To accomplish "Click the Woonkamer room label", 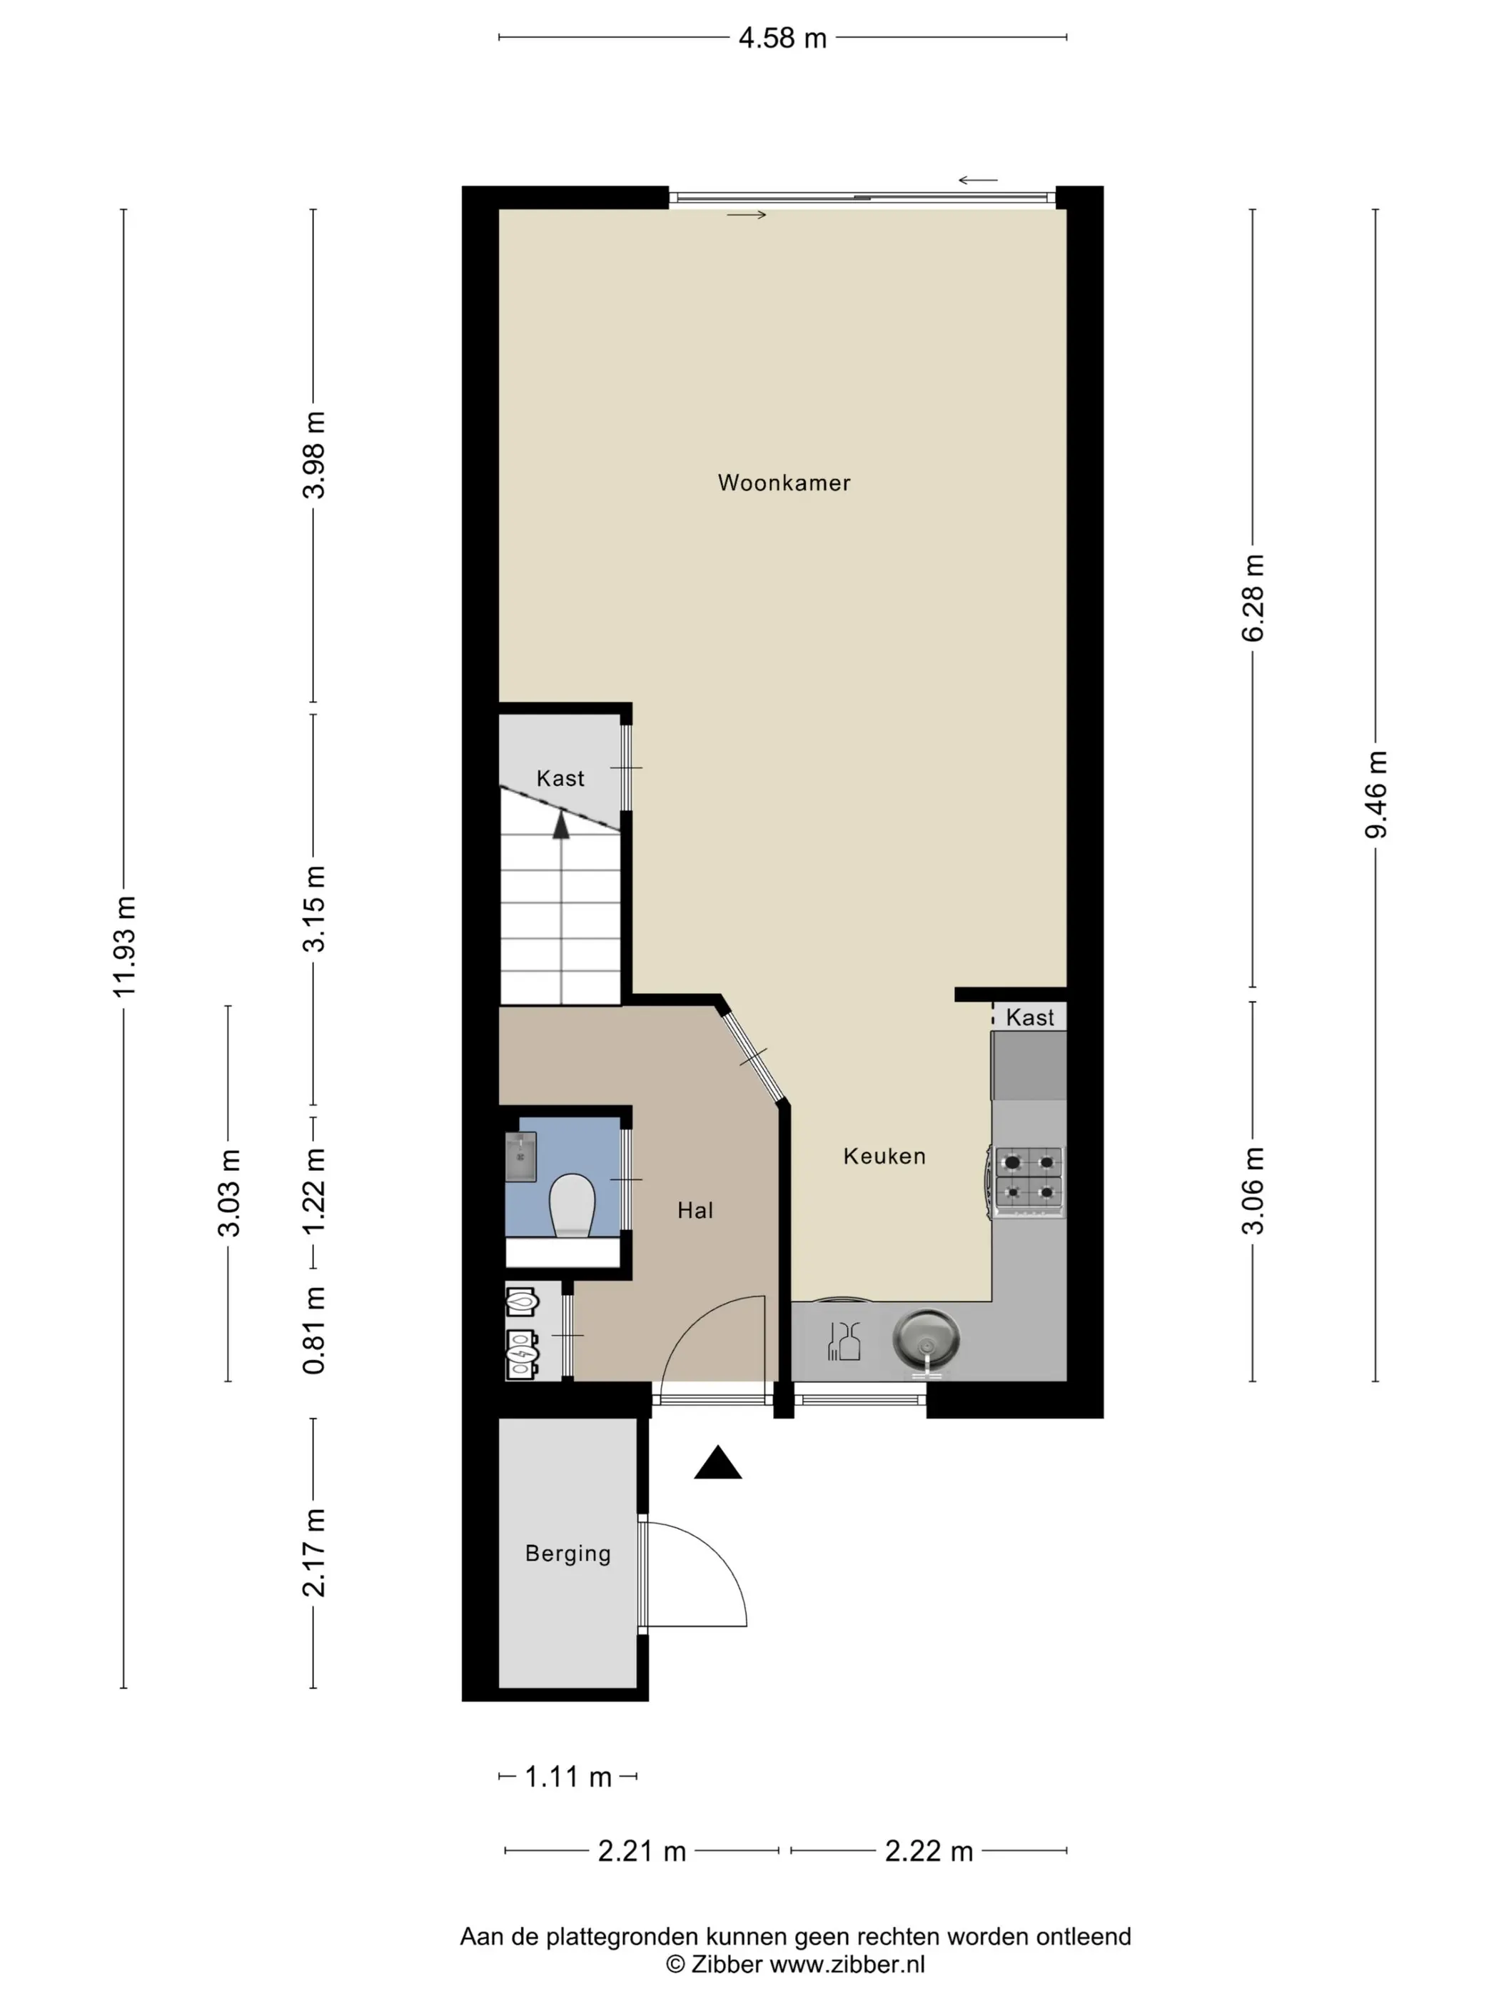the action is point(783,483).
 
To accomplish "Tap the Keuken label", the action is point(884,1156).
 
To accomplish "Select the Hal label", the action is point(695,1210).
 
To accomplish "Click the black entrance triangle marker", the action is point(717,1462).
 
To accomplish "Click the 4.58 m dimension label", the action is point(782,38).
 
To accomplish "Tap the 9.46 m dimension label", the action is point(1376,795).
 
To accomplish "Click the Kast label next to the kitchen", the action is point(1030,1017).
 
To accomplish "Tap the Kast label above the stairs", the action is point(560,778).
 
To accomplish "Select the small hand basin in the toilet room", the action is point(520,1156).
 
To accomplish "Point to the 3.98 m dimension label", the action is point(313,455).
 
